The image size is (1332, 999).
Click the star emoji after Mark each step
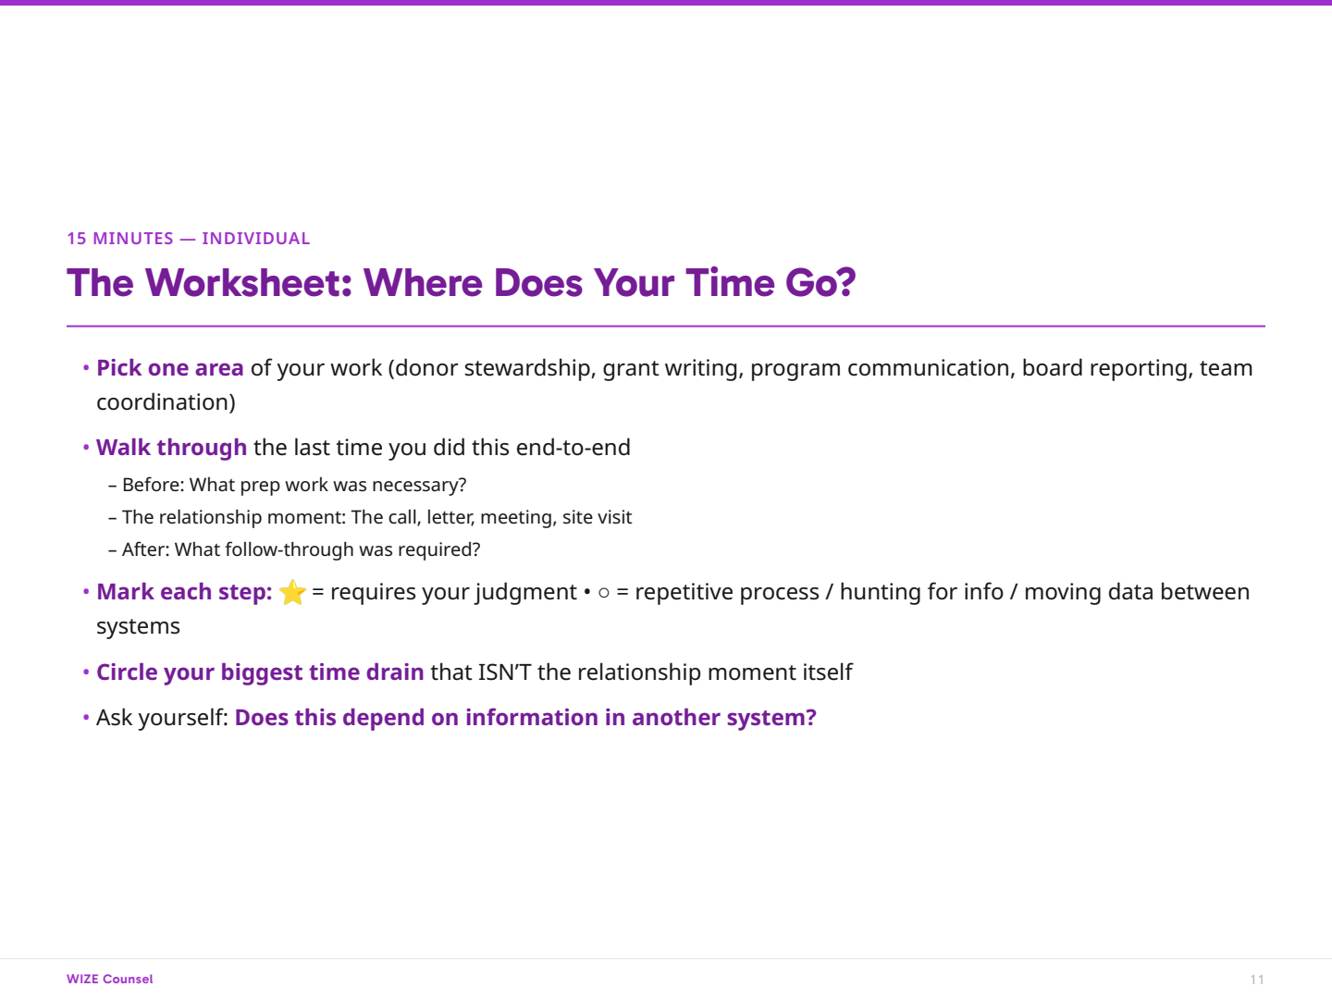click(x=292, y=592)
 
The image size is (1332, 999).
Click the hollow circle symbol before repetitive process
click(x=604, y=593)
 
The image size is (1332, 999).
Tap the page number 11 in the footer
click(x=1257, y=980)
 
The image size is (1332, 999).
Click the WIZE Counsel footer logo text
click(x=110, y=979)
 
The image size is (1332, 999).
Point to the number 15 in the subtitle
click(x=76, y=239)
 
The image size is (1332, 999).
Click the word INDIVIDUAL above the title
click(x=256, y=239)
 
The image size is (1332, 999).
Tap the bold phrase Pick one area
click(x=170, y=368)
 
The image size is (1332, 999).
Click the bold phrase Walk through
click(x=171, y=448)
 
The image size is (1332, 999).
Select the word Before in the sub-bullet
click(x=152, y=485)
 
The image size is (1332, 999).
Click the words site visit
click(x=597, y=517)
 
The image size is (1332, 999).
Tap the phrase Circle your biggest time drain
click(x=260, y=672)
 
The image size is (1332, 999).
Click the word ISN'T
click(x=504, y=672)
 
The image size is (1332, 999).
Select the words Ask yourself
click(x=161, y=718)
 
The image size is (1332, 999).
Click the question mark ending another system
click(x=811, y=718)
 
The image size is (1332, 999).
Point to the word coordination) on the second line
click(x=166, y=402)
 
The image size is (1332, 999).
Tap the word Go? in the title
click(x=820, y=283)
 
